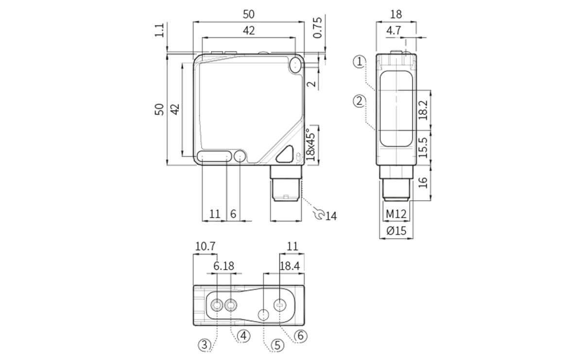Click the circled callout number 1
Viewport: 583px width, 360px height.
coord(359,61)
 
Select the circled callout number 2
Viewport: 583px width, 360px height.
coord(359,101)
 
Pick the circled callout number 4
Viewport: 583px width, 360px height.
coord(244,335)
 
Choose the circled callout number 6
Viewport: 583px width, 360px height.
coord(301,335)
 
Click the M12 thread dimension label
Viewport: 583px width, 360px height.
coord(396,214)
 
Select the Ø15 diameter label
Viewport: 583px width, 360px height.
coord(396,231)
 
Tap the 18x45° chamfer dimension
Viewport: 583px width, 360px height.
coord(311,144)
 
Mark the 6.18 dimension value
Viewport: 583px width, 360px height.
coord(223,266)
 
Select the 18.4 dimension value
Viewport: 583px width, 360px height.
coord(290,266)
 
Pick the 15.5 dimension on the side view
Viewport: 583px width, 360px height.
coord(423,147)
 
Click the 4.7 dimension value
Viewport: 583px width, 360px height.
coord(394,30)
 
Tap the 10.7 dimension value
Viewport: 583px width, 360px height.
coord(205,246)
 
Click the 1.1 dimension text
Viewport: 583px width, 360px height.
coord(159,30)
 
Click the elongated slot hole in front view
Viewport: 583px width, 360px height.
coord(214,156)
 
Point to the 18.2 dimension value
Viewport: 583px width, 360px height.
coord(423,110)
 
